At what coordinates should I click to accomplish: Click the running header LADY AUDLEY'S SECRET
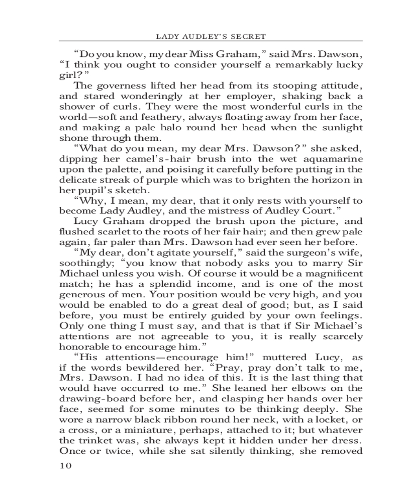(x=211, y=36)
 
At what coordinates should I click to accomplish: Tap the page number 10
(x=66, y=465)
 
